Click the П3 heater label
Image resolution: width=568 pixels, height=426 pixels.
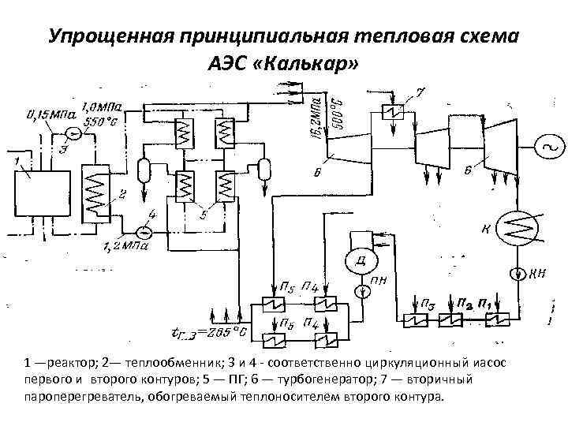tap(427, 304)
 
